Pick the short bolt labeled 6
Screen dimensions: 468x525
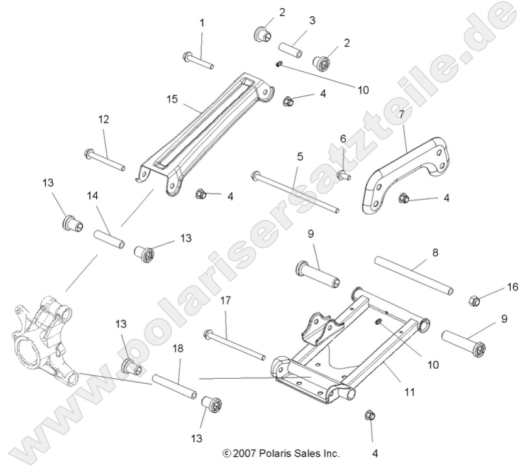pos(343,175)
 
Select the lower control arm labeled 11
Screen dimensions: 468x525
pos(352,352)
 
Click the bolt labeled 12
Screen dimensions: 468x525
pos(104,160)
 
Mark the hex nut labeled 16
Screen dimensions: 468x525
pos(475,300)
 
